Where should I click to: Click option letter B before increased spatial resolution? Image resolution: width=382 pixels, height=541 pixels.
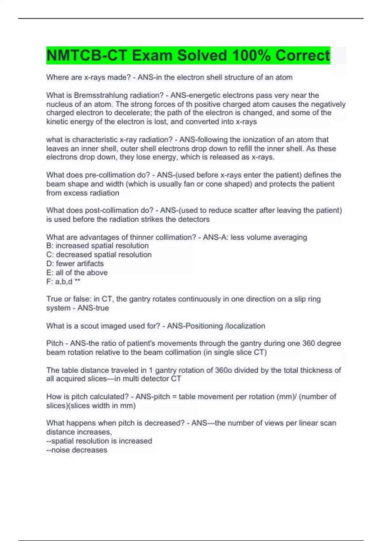click(x=49, y=246)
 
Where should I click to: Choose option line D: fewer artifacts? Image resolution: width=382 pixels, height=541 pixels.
click(x=75, y=263)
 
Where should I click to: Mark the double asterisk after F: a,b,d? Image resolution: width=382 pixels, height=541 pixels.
click(x=77, y=281)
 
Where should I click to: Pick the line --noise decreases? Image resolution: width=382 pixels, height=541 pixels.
click(x=77, y=450)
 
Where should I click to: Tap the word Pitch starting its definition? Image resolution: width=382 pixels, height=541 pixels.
click(x=55, y=343)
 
